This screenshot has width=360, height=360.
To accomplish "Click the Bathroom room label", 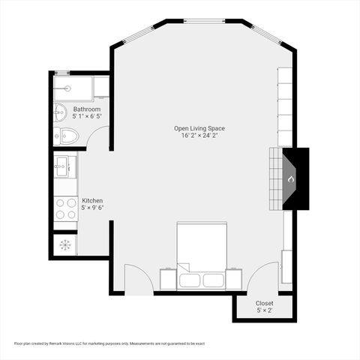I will (x=86, y=109).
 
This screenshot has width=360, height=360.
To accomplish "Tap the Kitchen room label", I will (x=92, y=201).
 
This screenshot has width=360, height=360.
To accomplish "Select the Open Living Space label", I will (x=199, y=128).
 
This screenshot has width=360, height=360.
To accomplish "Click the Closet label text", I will (x=265, y=303).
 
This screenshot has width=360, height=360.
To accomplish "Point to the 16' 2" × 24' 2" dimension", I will (x=199, y=136).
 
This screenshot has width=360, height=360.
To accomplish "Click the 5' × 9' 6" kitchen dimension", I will (x=92, y=208).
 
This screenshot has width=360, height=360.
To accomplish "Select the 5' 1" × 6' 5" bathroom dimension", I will (x=86, y=117).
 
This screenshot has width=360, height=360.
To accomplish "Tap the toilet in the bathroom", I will (x=66, y=136).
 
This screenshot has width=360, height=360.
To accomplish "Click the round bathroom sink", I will (x=61, y=113).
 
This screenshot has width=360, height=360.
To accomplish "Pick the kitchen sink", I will (x=64, y=166).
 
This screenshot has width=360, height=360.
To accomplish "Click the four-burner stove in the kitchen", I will (x=66, y=208).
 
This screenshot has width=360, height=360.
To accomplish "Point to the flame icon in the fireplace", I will (x=291, y=178).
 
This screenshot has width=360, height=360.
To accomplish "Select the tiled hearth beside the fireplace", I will (x=277, y=178).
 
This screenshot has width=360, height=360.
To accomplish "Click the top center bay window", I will (x=204, y=21).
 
